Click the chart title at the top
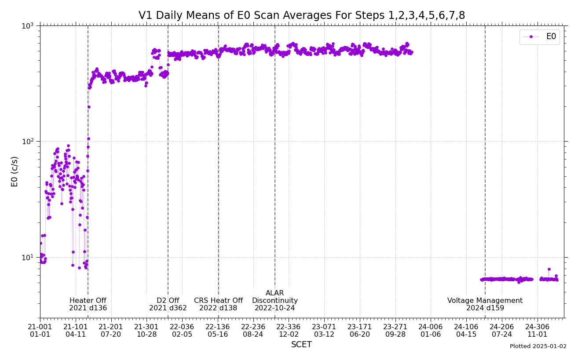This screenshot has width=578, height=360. [302, 16]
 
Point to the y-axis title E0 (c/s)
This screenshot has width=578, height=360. [15, 171]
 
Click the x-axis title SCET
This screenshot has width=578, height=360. [301, 345]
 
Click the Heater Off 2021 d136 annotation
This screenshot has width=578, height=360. [88, 305]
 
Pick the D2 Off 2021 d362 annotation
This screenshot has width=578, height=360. [168, 305]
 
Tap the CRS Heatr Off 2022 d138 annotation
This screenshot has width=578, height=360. [218, 305]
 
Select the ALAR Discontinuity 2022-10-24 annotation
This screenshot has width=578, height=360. [275, 301]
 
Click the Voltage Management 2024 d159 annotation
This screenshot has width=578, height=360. [485, 305]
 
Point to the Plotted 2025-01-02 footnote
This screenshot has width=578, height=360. [538, 346]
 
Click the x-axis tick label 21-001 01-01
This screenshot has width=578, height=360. [40, 331]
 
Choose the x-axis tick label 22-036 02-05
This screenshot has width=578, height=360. [182, 331]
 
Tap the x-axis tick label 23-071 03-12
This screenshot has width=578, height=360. [324, 331]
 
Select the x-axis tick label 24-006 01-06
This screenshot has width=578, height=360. [431, 331]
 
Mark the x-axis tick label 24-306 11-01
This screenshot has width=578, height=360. [537, 331]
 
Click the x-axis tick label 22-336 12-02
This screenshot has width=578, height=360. [289, 331]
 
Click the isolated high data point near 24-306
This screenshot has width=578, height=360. [549, 269]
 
